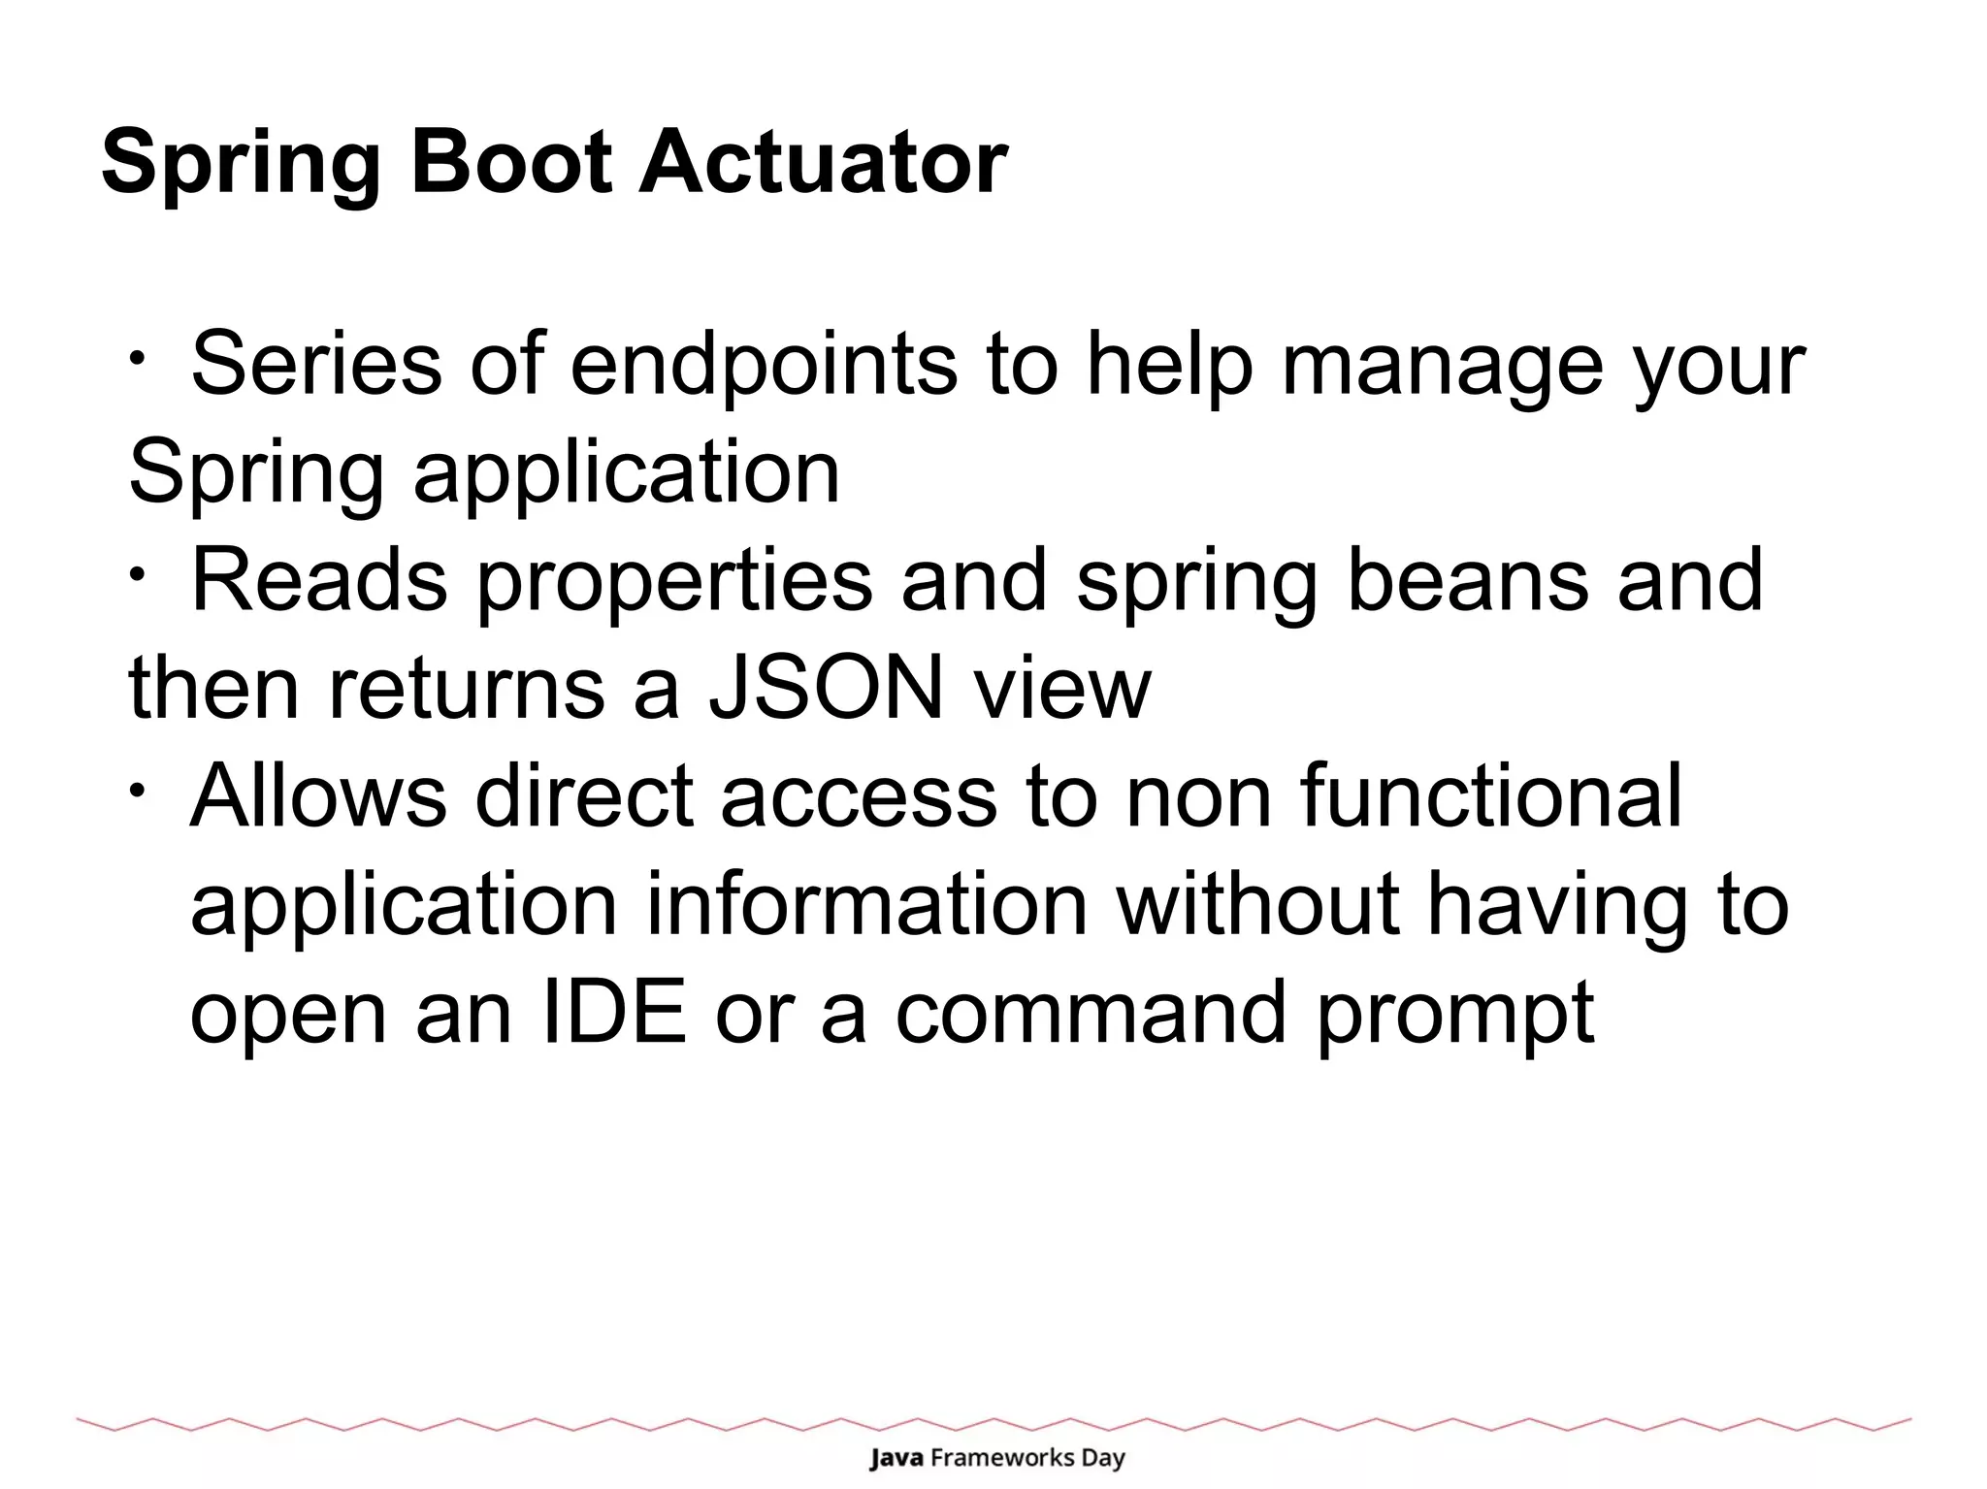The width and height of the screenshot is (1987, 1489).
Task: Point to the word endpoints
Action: pyautogui.click(x=763, y=367)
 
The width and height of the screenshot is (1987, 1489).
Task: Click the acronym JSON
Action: pyautogui.click(x=826, y=688)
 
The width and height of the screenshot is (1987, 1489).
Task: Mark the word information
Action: pyautogui.click(x=866, y=904)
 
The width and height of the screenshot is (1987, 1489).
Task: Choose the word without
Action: pyautogui.click(x=1257, y=904)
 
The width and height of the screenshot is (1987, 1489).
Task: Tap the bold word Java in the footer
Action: pyautogui.click(x=896, y=1458)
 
